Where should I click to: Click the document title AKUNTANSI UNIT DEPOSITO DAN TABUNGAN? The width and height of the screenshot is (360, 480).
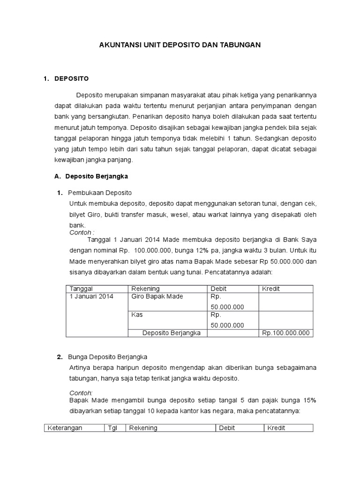tap(180, 45)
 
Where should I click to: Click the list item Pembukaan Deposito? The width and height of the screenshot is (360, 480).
tap(100, 193)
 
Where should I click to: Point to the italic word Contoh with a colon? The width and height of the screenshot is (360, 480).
tap(82, 232)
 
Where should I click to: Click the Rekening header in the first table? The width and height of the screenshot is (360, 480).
tap(145, 289)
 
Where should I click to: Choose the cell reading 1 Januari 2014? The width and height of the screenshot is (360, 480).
tap(91, 297)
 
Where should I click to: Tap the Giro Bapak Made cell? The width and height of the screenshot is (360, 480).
tap(157, 297)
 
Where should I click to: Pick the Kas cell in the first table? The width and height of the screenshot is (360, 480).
tap(137, 315)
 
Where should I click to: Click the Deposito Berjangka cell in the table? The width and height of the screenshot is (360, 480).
tap(172, 333)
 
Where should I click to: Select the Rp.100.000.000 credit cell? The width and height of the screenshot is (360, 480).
tap(286, 333)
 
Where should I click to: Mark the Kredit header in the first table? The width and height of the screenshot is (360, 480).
tap(271, 289)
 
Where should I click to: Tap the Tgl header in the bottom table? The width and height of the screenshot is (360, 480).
tap(112, 428)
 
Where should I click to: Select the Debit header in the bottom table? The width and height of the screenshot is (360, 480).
tap(227, 428)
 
